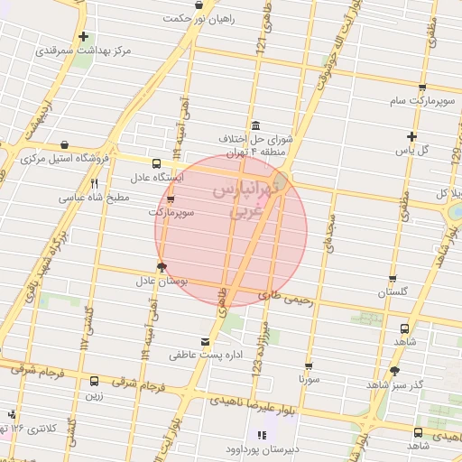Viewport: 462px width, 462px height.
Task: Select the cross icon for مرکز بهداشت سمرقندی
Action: click(84, 37)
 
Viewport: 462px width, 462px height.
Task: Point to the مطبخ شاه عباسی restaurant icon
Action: click(95, 183)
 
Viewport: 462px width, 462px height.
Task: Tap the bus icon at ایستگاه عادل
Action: click(157, 164)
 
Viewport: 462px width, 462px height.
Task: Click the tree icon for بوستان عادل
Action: click(162, 266)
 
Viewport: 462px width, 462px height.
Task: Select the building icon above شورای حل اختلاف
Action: click(256, 125)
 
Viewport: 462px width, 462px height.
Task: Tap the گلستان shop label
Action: click(393, 292)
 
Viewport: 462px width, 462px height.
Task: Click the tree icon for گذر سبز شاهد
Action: click(393, 371)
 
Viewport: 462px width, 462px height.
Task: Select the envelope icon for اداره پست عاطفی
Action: click(206, 342)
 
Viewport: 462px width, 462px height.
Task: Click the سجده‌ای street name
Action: click(330, 233)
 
